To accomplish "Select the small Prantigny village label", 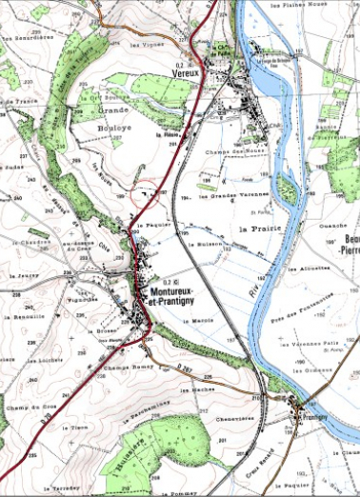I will [314, 416].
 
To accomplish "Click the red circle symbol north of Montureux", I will [144, 193].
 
